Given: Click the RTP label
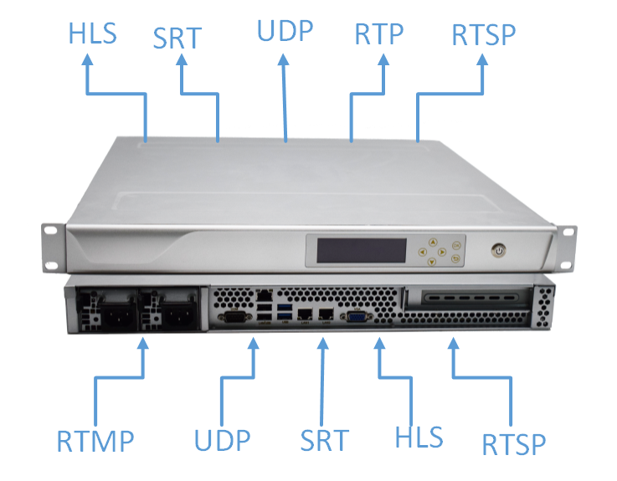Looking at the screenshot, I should coord(378,34).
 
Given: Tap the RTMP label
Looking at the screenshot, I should coord(95,439).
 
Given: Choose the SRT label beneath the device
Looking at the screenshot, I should coord(324,438).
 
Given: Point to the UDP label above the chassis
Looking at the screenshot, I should coord(285,31).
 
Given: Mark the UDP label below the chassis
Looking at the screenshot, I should coord(222,438).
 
